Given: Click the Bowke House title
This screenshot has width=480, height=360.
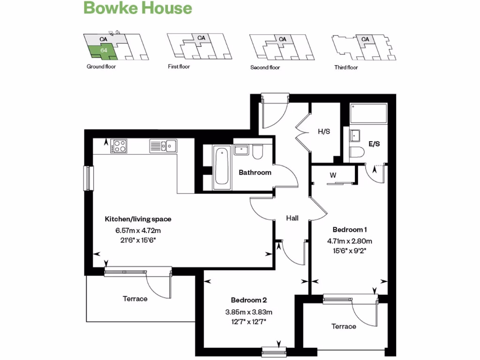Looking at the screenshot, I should [x=138, y=8].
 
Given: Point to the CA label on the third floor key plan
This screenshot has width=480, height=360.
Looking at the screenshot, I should [x=365, y=39].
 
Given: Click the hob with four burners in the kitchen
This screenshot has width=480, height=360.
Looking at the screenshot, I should [x=120, y=146].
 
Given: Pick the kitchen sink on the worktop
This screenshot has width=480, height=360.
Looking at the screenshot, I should [x=163, y=146].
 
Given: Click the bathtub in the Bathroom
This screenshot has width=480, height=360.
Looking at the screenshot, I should [x=222, y=167].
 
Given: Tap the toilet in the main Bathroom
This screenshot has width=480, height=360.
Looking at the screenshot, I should [x=257, y=151].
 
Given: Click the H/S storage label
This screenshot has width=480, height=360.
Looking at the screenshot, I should [x=324, y=132].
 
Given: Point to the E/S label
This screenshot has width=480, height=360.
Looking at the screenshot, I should [x=374, y=144].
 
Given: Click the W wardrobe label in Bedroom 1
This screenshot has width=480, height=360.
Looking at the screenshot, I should [x=333, y=175].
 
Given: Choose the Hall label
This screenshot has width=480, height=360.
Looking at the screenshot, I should [x=292, y=218].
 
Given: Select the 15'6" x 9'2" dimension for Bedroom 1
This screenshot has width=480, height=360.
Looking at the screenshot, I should [x=349, y=250].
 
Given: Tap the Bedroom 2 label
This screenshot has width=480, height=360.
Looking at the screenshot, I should [x=248, y=300].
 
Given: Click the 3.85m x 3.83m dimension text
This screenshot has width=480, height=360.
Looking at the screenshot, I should [x=248, y=312].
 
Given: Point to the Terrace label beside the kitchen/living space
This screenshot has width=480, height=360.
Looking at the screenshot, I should [x=135, y=299].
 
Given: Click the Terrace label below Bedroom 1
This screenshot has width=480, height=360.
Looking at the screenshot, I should [x=344, y=326].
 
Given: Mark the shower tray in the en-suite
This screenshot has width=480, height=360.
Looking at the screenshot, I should [x=368, y=113].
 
